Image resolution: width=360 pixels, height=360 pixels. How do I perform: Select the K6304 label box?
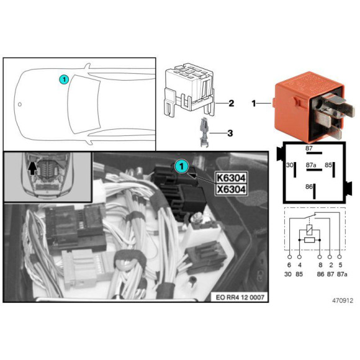click(x=231, y=178)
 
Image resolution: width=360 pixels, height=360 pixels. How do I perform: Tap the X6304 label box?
click(x=231, y=190)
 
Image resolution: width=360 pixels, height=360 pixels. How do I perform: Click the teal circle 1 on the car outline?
click(x=64, y=79)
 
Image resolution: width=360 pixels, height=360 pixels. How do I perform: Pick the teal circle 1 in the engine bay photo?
click(x=182, y=166)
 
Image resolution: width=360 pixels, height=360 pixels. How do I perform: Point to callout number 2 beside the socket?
click(x=231, y=103)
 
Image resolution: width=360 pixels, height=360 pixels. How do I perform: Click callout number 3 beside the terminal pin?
click(x=230, y=133)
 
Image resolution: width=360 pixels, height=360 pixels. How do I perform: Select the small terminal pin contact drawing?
click(x=204, y=132)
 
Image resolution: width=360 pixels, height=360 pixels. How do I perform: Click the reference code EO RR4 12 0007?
click(x=240, y=297)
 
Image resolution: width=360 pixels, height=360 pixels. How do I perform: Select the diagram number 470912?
click(x=343, y=300)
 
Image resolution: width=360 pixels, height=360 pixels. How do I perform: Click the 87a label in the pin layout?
click(x=311, y=165)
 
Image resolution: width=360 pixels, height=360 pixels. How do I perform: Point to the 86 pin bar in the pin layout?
click(x=314, y=191)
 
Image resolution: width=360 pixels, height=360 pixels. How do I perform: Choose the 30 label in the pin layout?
click(x=290, y=165)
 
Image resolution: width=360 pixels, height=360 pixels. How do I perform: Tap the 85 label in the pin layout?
click(x=328, y=165)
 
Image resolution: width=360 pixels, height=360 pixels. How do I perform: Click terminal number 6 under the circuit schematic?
click(x=289, y=265)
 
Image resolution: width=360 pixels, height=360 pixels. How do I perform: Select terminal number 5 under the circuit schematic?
click(x=340, y=265)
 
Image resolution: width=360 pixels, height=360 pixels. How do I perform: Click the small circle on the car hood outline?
click(x=20, y=104)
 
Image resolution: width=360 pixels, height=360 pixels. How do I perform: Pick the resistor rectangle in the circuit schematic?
click(x=309, y=240)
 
